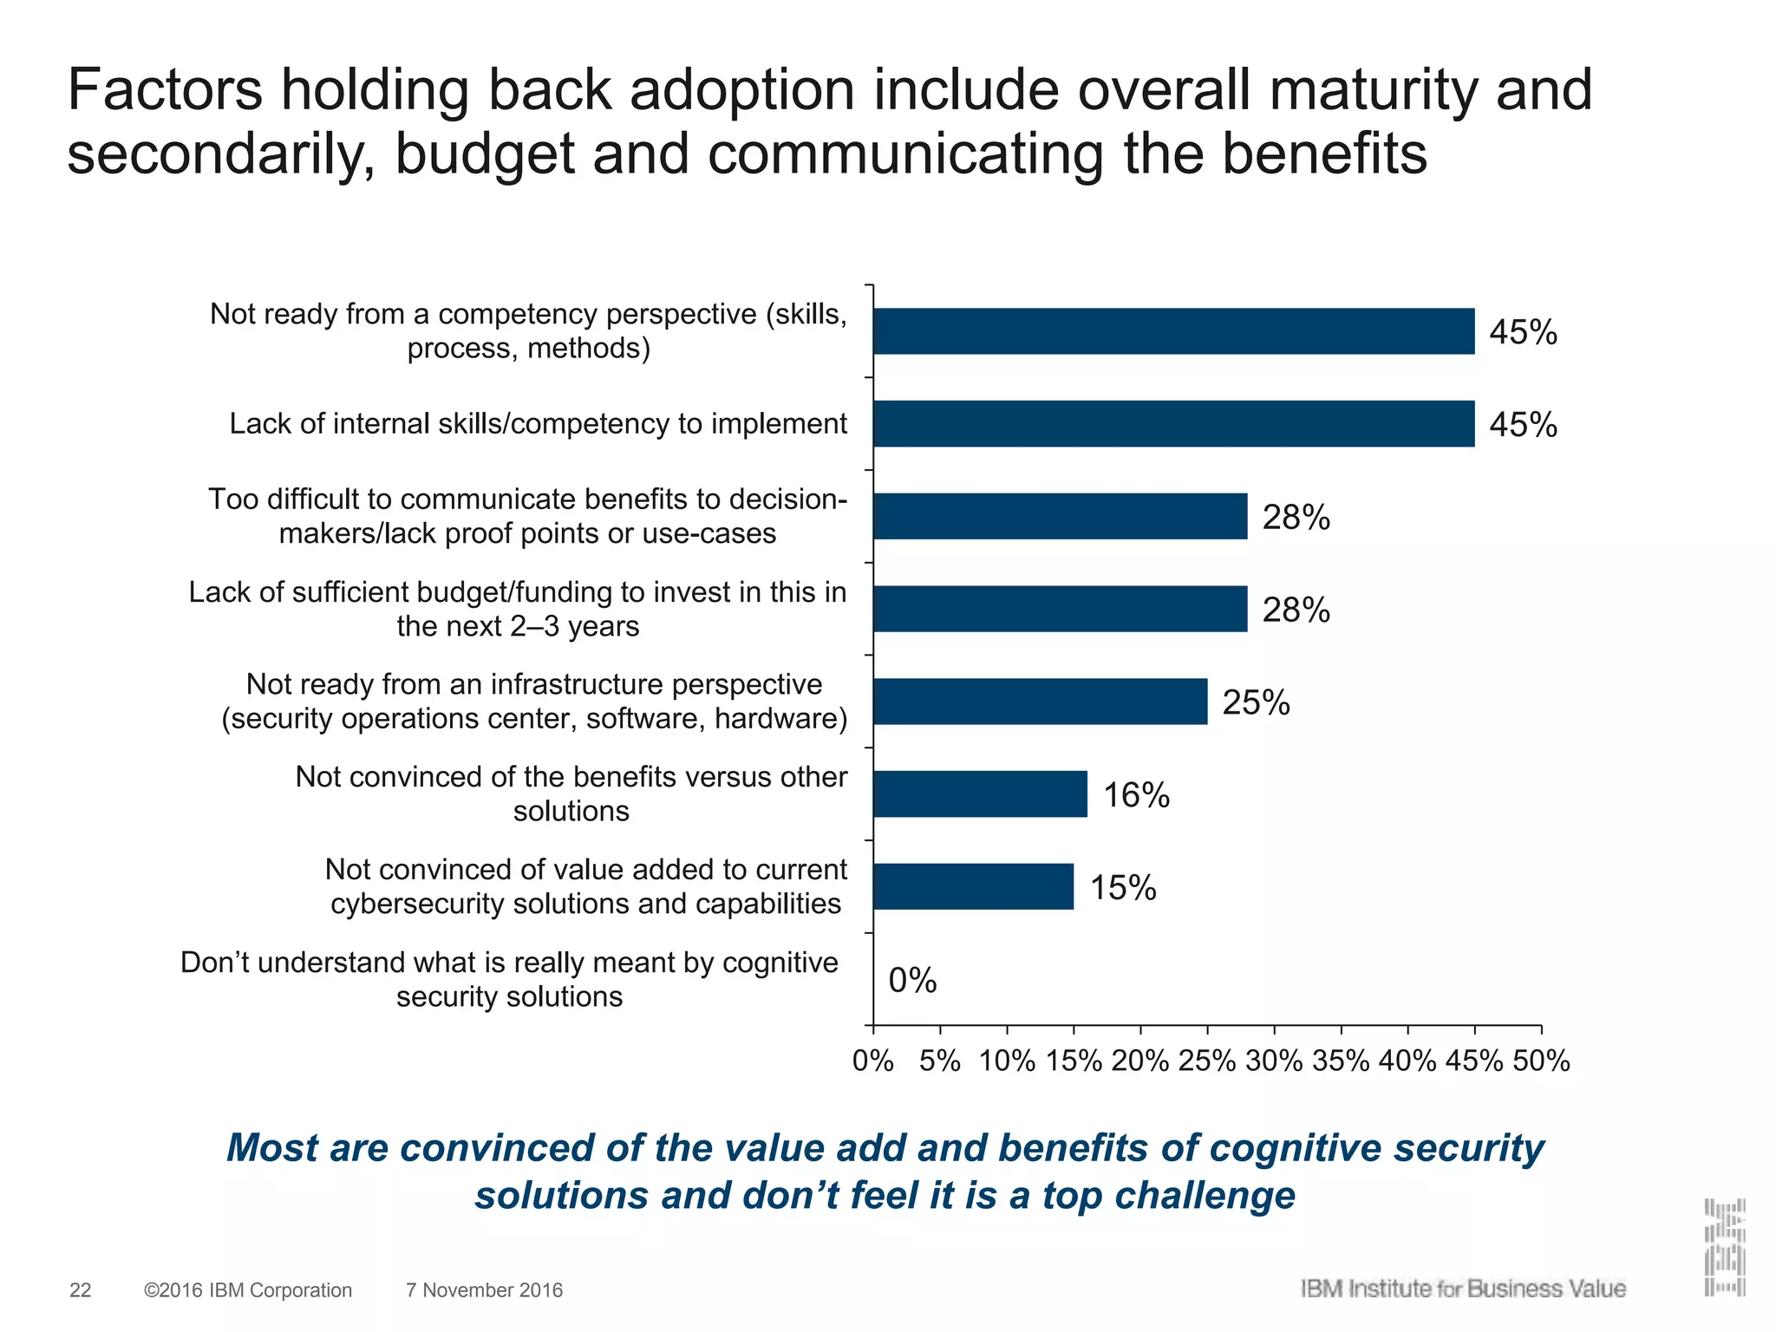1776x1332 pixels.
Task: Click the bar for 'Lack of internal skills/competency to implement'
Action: click(x=1173, y=423)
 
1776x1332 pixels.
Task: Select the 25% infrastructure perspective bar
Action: click(x=1040, y=701)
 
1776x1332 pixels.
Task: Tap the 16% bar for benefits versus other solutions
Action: click(x=980, y=793)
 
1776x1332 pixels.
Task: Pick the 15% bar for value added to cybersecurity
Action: click(x=973, y=886)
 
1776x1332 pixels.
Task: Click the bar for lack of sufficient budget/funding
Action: click(x=1060, y=609)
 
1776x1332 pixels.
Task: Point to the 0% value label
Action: click(x=912, y=981)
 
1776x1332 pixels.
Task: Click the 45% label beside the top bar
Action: click(x=1523, y=332)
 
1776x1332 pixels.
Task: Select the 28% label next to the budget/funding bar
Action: click(x=1296, y=610)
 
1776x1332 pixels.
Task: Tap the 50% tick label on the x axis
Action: click(x=1541, y=1061)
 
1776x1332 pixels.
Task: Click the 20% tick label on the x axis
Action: click(x=1139, y=1061)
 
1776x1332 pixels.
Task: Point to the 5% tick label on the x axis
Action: click(x=940, y=1061)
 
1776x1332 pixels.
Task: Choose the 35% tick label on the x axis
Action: click(x=1341, y=1061)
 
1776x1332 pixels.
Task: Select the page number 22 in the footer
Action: click(x=80, y=1290)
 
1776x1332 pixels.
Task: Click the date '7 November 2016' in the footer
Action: click(x=484, y=1290)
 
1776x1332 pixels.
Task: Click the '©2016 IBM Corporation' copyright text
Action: click(x=248, y=1290)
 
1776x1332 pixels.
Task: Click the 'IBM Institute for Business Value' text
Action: click(x=1462, y=1289)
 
